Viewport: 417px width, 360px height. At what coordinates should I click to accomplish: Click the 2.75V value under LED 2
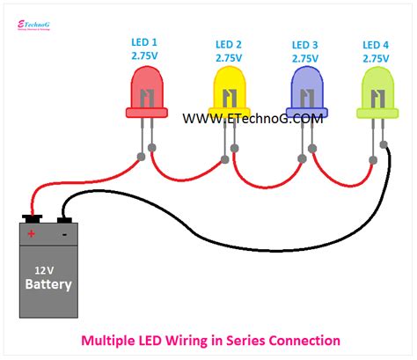(x=230, y=58)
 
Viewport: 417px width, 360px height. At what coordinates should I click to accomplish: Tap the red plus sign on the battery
(x=31, y=234)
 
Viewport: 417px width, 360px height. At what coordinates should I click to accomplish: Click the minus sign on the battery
(x=63, y=234)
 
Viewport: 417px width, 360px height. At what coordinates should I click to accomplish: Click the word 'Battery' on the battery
(x=48, y=285)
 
